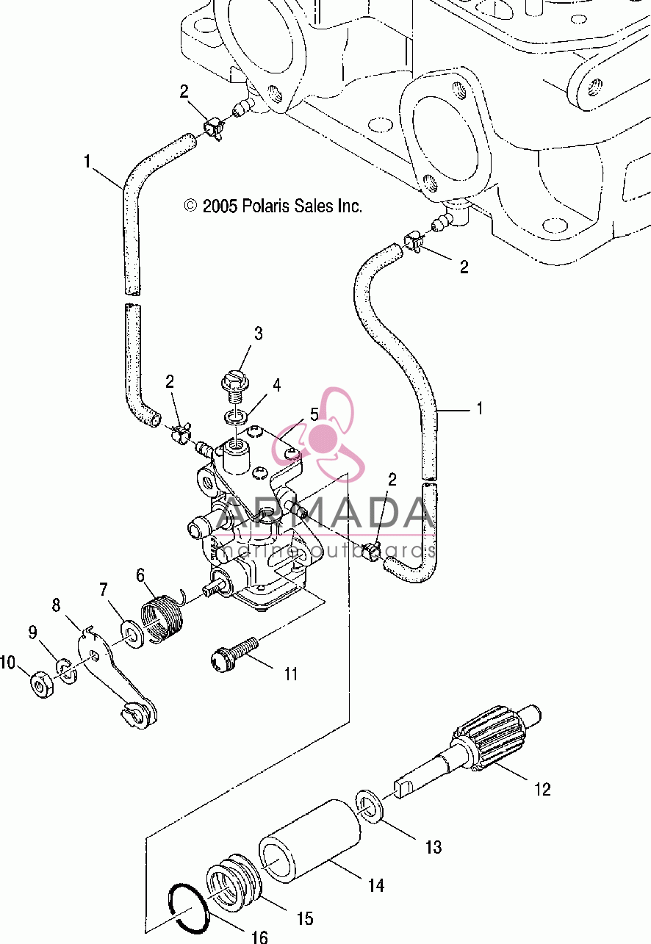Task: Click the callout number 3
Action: coord(258,333)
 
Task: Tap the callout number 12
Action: coord(542,789)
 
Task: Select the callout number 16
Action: coord(259,937)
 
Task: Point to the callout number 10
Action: coord(7,662)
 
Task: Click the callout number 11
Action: coord(291,674)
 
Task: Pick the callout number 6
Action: coord(140,575)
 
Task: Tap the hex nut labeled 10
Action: coord(42,684)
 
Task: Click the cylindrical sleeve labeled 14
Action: coord(309,842)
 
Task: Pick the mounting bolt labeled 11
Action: coord(234,655)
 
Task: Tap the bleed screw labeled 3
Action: coord(235,386)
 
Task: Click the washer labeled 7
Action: coord(133,634)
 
